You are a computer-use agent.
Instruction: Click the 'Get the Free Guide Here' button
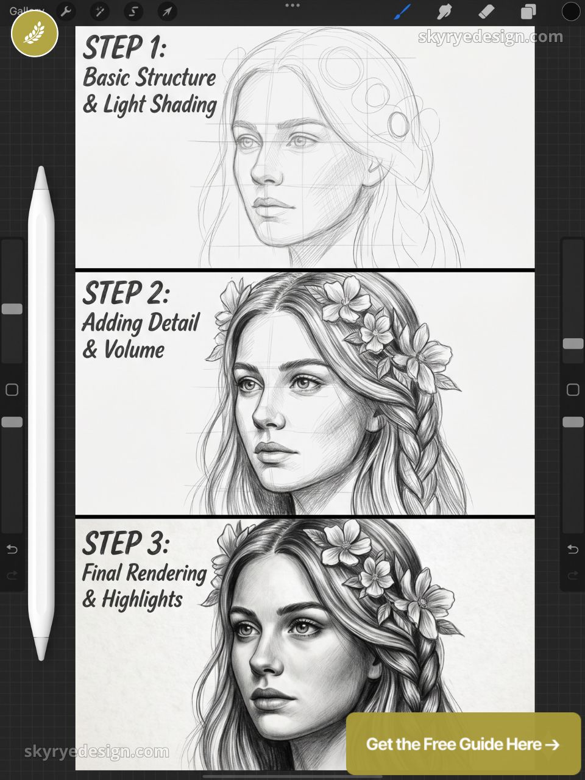[x=463, y=744]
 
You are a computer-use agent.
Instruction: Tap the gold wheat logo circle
[x=35, y=34]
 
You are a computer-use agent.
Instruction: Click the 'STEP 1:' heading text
[x=124, y=48]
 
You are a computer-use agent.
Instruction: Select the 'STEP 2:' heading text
[x=126, y=294]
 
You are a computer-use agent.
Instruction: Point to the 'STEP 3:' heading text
[x=126, y=544]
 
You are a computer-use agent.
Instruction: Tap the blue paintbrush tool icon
[x=403, y=12]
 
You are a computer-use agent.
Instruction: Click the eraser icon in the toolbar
[x=486, y=12]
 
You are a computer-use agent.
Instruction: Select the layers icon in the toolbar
[x=528, y=12]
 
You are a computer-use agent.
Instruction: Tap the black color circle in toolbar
[x=570, y=12]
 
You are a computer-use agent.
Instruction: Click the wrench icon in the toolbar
[x=66, y=12]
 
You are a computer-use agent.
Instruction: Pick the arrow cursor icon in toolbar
[x=166, y=12]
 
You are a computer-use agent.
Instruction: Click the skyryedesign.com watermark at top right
[x=491, y=37]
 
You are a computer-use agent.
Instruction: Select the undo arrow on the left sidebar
[x=12, y=550]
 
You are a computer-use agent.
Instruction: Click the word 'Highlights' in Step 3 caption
[x=142, y=600]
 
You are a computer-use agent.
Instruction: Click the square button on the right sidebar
[x=573, y=389]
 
